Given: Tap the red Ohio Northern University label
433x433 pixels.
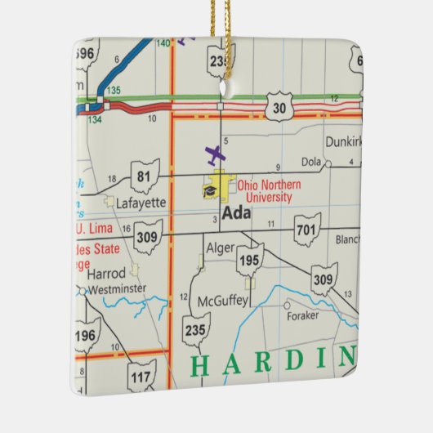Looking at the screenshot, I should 269,190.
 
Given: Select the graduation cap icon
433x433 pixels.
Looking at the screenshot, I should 211,191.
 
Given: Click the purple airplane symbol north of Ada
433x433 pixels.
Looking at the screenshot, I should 216,154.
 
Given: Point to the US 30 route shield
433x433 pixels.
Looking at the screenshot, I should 279,109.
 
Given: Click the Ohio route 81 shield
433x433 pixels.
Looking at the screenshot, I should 145,176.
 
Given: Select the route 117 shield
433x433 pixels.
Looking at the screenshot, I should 142,377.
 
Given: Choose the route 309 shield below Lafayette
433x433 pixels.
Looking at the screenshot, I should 148,237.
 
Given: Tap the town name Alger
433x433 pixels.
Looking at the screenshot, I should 220,248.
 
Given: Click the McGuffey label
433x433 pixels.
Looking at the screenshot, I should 222,301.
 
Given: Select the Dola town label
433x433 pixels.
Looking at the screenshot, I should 310,163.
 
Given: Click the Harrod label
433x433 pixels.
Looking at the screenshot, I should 107,274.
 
